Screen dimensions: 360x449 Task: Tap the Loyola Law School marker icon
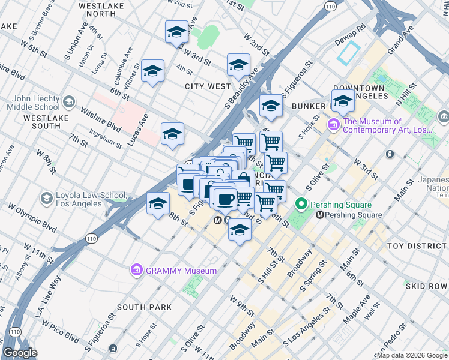46,198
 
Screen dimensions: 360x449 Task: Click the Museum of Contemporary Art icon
333,125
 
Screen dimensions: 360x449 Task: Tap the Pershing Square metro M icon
321,215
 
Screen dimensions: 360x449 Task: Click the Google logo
20,353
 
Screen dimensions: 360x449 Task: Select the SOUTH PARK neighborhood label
144,307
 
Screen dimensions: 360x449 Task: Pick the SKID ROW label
426,286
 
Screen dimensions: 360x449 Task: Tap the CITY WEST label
208,86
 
